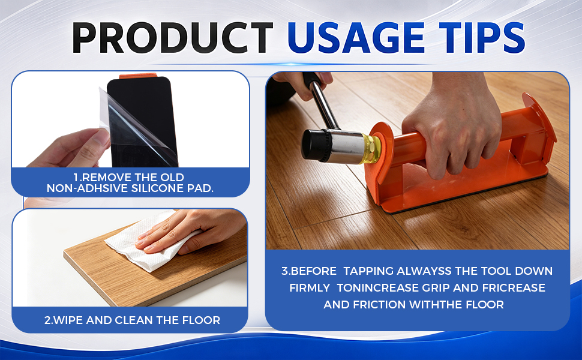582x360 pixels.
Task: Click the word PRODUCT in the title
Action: (x=173, y=37)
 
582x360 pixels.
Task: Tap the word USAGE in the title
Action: (x=356, y=37)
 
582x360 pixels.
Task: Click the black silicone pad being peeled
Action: (x=143, y=122)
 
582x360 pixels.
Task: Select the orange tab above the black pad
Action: (x=138, y=76)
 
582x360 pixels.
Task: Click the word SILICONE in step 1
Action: (x=156, y=188)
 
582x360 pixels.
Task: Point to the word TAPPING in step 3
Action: (x=368, y=271)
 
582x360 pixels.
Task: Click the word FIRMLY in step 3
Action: (x=310, y=287)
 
